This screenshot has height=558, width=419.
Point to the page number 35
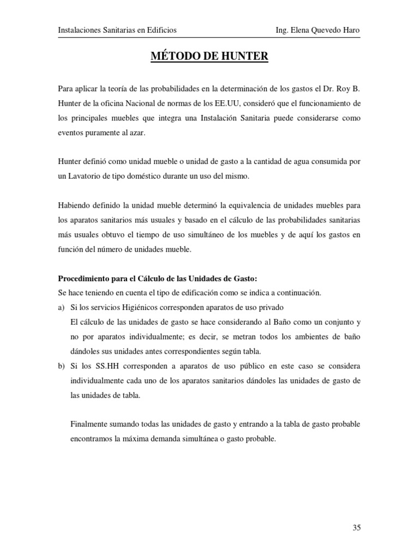point(357,527)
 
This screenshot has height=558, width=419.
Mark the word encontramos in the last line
point(93,438)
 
